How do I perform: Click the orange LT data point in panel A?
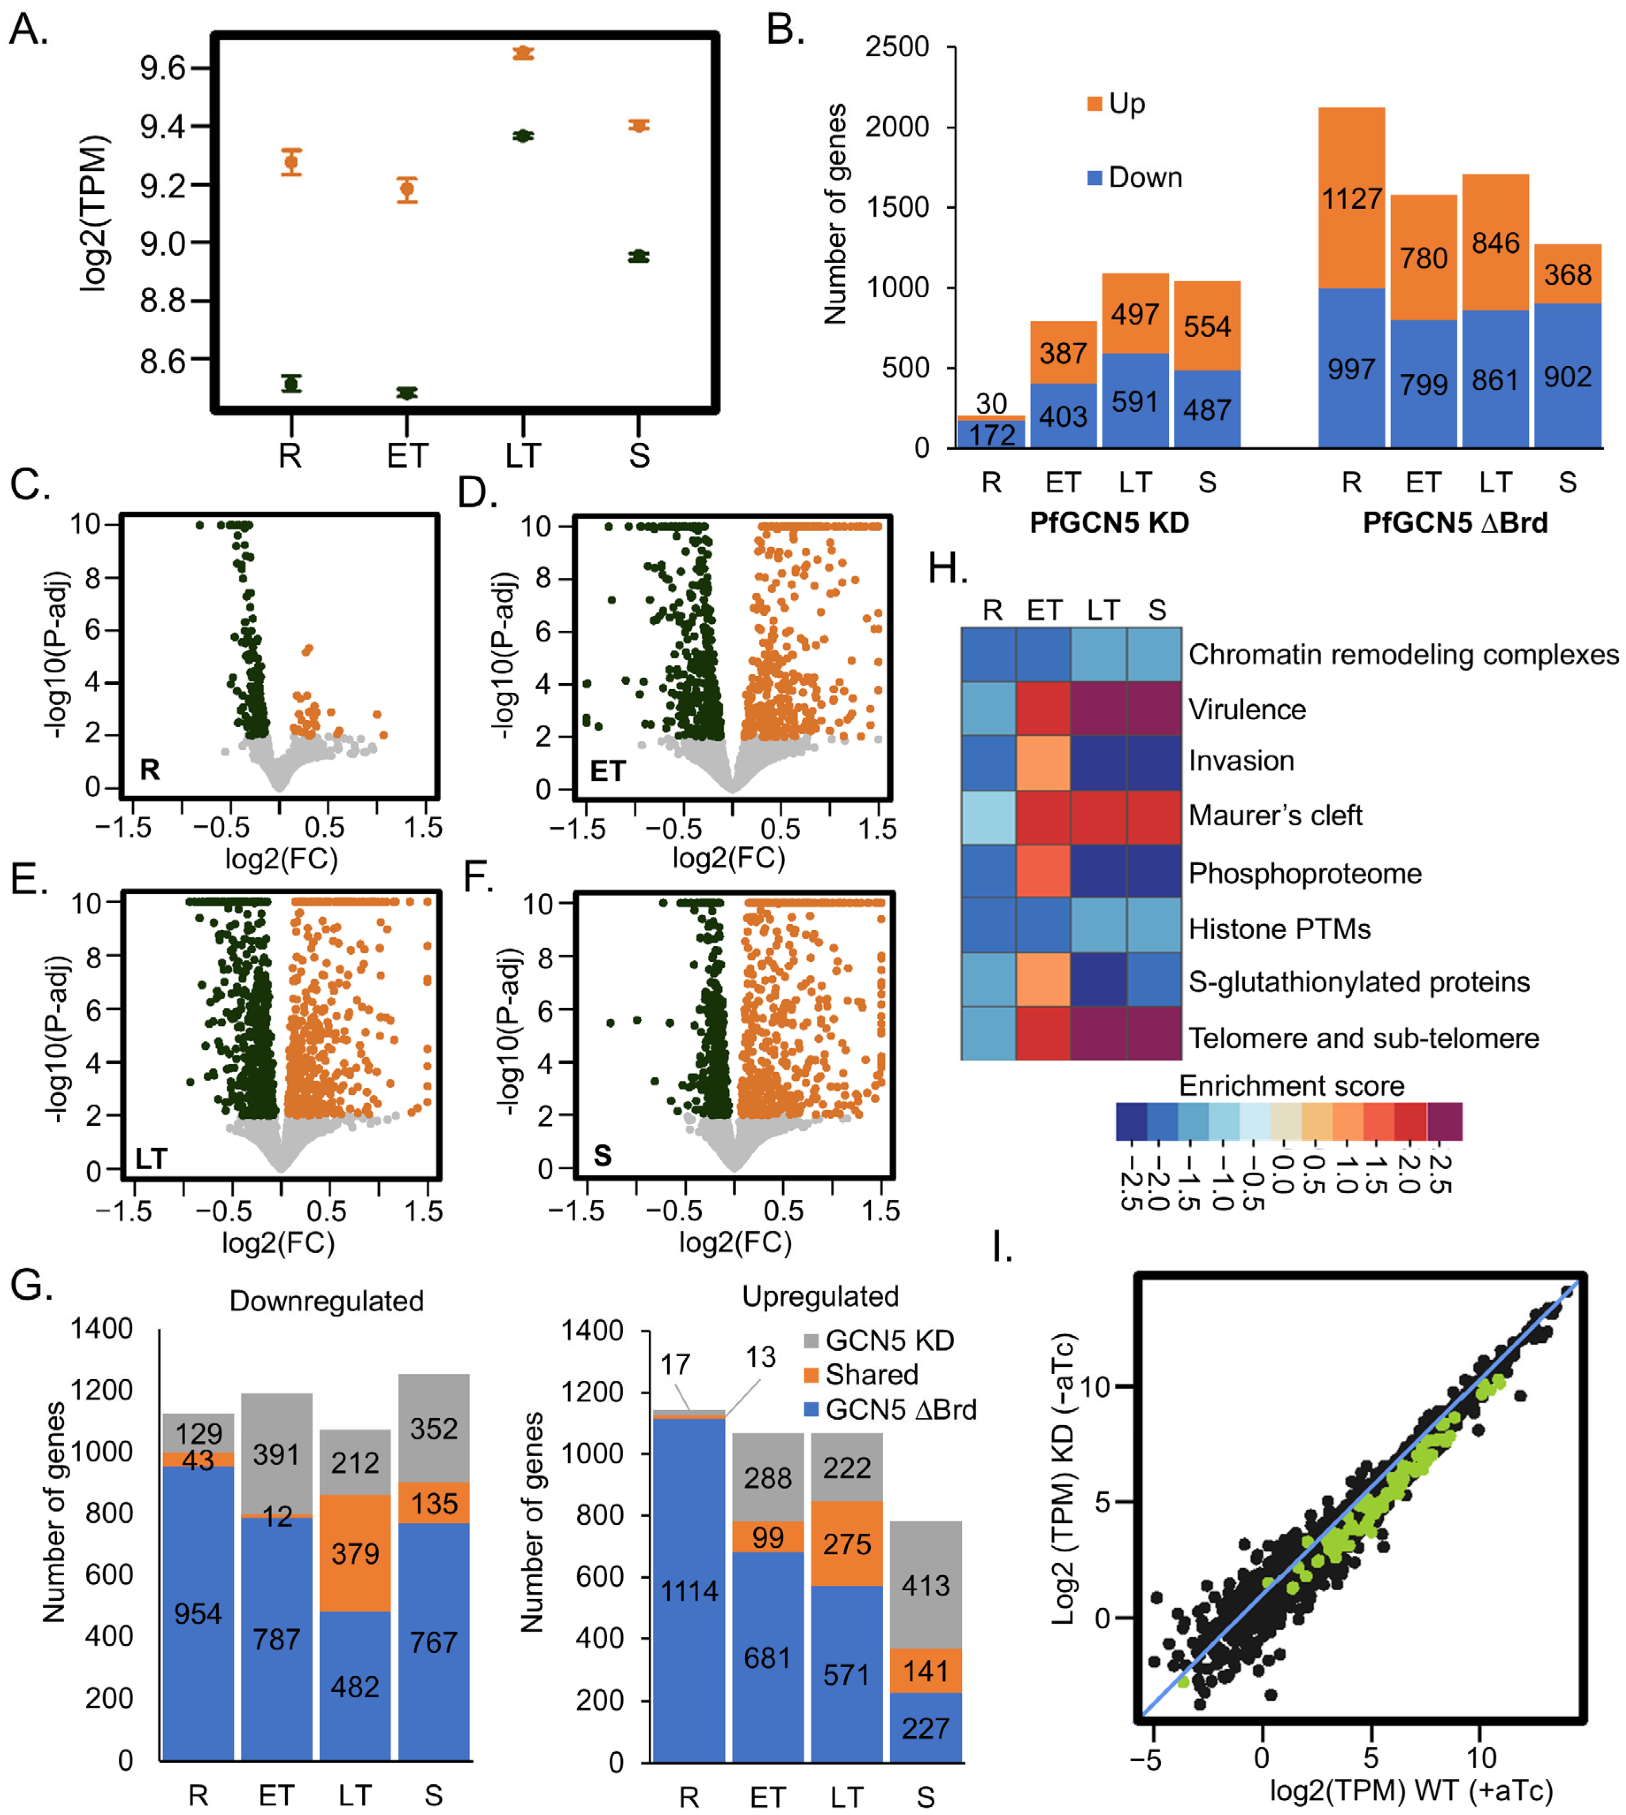524,54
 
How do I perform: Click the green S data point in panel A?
638,257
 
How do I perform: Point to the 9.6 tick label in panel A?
163,68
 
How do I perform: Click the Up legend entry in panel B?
1117,104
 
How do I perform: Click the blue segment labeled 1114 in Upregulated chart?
689,1591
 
